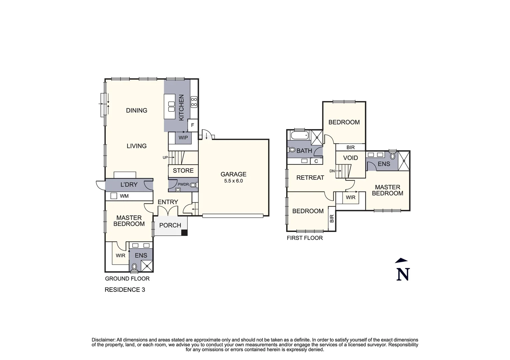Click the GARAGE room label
click(233, 174)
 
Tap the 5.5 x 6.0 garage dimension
click(233, 181)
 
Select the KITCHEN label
click(181, 108)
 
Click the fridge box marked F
click(192, 125)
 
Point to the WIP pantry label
click(183, 138)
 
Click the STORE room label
click(183, 171)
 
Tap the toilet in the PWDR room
click(193, 185)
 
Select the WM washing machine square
click(114, 196)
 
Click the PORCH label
click(170, 225)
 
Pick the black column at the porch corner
click(184, 233)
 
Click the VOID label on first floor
click(350, 158)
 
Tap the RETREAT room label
click(310, 178)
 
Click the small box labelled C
click(316, 161)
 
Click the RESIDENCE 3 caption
click(125, 290)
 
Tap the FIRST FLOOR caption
click(305, 238)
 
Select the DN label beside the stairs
click(332, 171)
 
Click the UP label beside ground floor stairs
click(165, 158)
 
